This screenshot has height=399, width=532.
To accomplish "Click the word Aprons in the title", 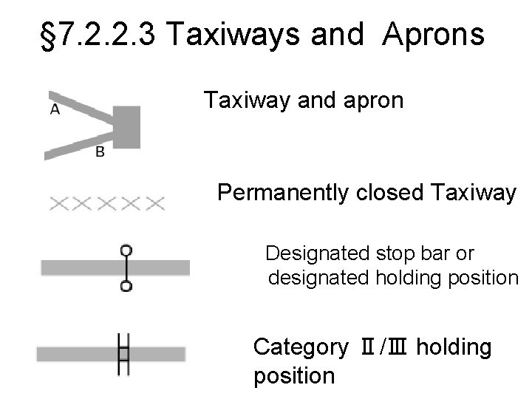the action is click(434, 35).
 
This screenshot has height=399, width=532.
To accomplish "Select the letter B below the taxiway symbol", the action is click(100, 151).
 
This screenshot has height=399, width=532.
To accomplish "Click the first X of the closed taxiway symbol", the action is click(60, 203).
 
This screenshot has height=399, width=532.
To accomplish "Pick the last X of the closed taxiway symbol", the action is click(154, 203).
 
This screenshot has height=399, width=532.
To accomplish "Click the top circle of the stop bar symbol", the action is click(126, 250).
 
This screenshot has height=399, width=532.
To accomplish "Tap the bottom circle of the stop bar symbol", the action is click(126, 286).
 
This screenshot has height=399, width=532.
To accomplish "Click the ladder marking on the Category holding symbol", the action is click(123, 354).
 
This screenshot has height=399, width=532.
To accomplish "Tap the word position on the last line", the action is click(293, 376).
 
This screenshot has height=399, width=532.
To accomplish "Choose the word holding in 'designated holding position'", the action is click(410, 279).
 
